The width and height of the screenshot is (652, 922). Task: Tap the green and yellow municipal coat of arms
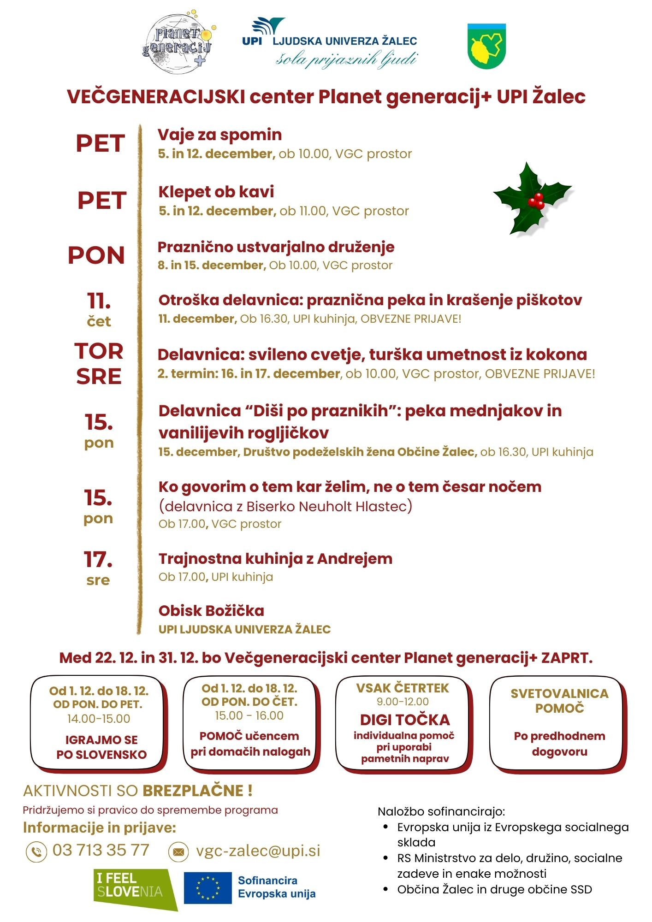[x=486, y=47]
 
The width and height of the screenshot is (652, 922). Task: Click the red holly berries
[x=536, y=201]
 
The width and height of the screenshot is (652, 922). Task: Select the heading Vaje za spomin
[x=219, y=135]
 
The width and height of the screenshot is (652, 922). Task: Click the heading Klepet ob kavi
[x=216, y=192]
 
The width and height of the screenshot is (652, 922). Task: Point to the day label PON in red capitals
[x=96, y=255]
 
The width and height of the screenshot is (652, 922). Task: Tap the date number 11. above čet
[x=99, y=301]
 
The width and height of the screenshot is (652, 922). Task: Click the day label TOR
[x=99, y=351]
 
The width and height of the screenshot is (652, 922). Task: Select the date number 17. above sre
[x=98, y=560]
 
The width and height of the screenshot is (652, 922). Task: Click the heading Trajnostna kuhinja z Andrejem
[x=275, y=559]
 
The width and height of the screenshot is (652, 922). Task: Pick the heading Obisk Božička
[x=211, y=611]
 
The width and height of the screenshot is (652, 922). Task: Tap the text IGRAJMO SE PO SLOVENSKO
[x=101, y=747]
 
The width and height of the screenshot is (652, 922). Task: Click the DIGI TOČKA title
[x=405, y=720]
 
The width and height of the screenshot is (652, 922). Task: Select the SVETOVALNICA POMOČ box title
[x=559, y=701]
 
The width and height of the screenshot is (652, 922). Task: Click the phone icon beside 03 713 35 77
[x=36, y=851]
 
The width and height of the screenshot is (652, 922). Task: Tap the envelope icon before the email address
[x=178, y=851]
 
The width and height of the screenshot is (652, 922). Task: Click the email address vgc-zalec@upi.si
[x=258, y=851]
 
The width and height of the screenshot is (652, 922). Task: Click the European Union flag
[x=207, y=888]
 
